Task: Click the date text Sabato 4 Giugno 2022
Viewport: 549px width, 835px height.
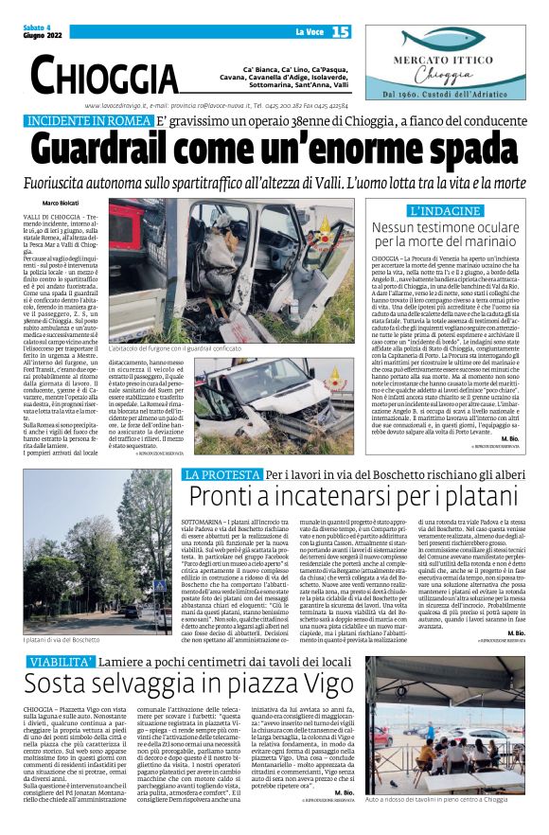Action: click(x=40, y=32)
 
